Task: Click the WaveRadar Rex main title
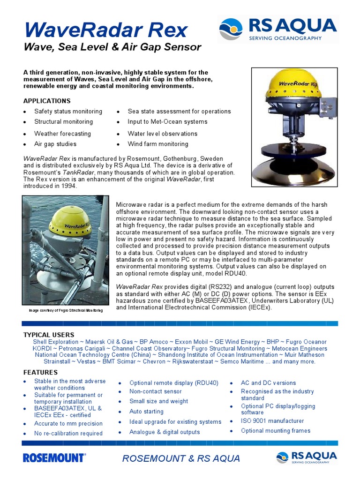point(106,30)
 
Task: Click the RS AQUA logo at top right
point(277,29)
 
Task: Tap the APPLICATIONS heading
point(47,101)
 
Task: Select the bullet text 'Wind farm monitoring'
point(158,144)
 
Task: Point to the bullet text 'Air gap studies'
point(55,144)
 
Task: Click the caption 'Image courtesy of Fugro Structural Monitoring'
point(66,310)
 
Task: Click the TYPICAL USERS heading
point(49,335)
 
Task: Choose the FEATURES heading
point(40,372)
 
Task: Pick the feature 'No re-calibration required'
point(68,434)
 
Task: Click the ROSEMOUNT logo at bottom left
point(54,458)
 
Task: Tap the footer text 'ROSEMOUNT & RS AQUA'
point(181,458)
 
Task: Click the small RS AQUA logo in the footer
point(307,458)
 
